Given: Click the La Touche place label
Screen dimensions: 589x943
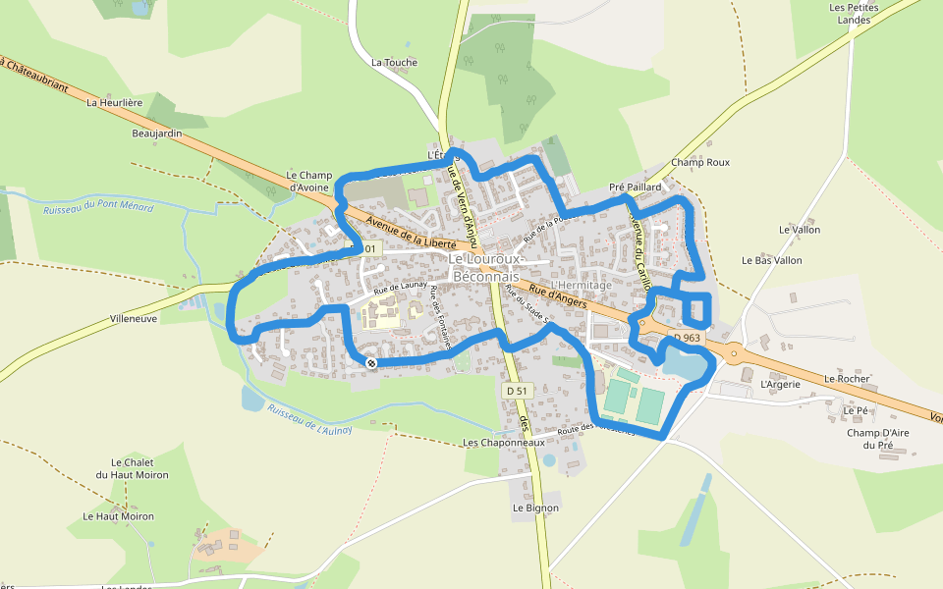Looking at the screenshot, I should pos(394,62).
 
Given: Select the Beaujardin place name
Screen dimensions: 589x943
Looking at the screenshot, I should pos(157,133).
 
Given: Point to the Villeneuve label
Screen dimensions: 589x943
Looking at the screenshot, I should pos(134,319).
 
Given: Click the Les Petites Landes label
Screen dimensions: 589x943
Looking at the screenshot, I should pos(854,13).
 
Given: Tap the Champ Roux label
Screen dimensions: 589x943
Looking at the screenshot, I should pos(700,162).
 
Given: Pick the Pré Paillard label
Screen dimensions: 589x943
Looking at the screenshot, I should pos(636,186).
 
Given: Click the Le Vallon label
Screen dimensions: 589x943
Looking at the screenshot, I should pos(799,230).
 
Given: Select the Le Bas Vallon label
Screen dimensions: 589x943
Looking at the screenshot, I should pos(772,260).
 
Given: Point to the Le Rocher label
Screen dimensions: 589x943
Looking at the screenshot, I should pos(842,378).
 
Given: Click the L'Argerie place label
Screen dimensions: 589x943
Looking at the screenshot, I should pos(781,384).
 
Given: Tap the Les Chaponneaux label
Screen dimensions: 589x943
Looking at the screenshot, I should pos(503,443).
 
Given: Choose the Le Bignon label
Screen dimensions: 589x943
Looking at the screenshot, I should pos(535,508).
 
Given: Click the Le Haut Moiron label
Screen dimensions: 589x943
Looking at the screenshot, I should pos(118,515).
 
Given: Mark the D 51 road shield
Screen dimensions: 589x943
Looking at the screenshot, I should pos(516,391).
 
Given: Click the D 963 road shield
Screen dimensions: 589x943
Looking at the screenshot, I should pos(687,338).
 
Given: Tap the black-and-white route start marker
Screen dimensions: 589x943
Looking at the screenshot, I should pos(371,363).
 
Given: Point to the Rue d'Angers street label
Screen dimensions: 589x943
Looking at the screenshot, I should pos(559,295).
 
